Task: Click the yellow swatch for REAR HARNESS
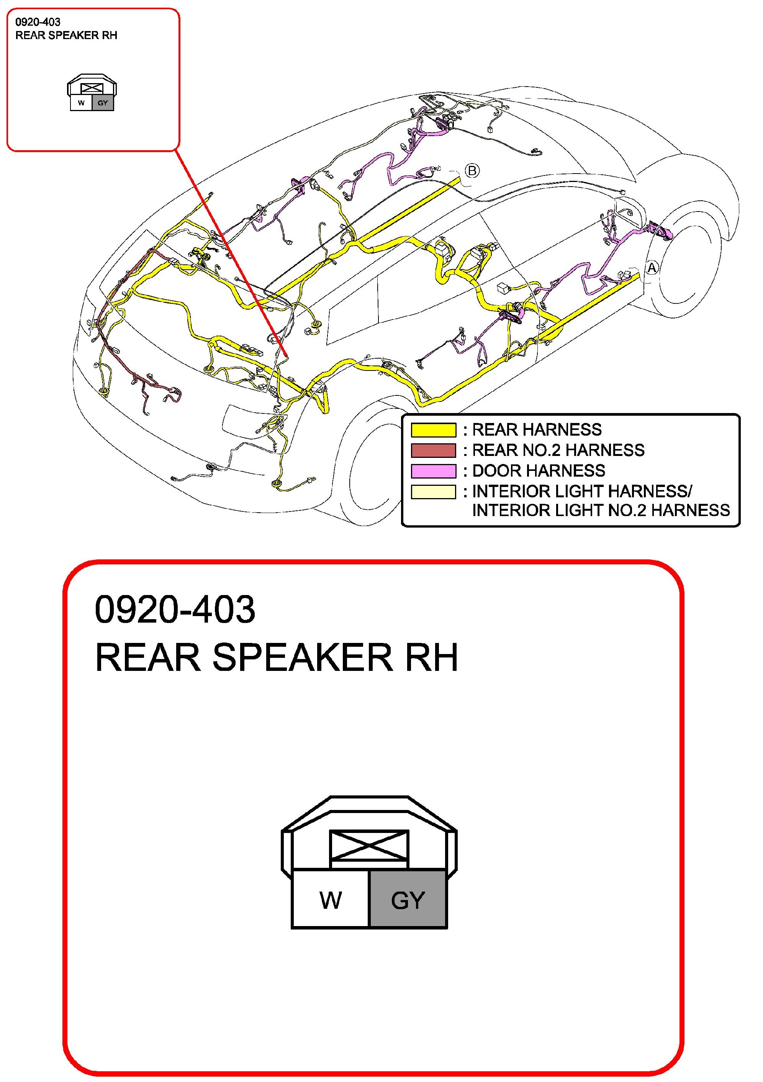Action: pos(433,430)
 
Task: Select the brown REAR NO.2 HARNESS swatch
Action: pos(433,451)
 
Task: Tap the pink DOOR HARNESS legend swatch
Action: pos(433,471)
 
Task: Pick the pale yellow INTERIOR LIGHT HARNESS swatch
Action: pos(433,492)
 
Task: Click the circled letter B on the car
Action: pos(472,170)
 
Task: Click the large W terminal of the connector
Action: pos(331,900)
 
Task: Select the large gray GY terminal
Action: pos(408,900)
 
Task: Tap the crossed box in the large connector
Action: pos(369,846)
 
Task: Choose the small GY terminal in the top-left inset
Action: pos(103,103)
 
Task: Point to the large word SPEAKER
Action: pos(302,657)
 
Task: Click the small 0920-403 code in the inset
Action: pos(38,22)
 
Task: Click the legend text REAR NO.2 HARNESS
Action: pos(558,451)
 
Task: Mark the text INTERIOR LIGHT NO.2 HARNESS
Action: pos(601,510)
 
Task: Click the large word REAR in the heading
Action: pos(148,657)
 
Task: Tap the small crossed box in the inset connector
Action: pos(92,88)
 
